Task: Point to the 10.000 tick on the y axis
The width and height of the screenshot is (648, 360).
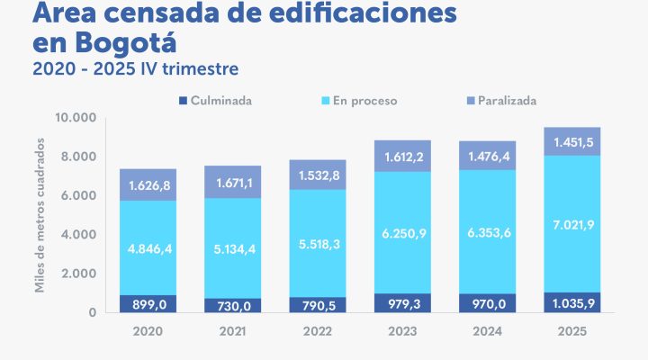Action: [76, 118]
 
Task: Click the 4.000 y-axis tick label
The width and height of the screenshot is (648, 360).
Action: [79, 235]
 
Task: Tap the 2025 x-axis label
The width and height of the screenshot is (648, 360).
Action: [571, 332]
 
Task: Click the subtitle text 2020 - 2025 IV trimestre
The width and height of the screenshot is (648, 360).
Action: [135, 68]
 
